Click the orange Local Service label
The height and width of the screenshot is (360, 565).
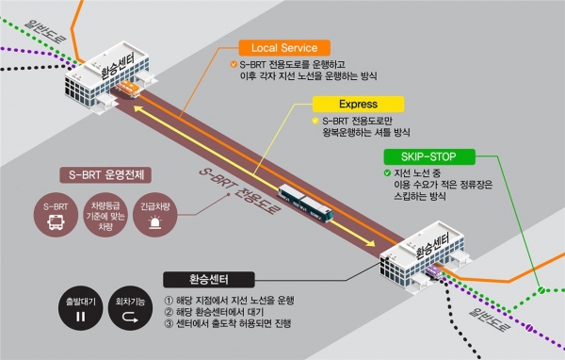pos(283,46)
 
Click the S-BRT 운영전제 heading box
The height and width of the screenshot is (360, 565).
pos(106,175)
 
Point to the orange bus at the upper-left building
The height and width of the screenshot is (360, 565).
pos(129,90)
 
